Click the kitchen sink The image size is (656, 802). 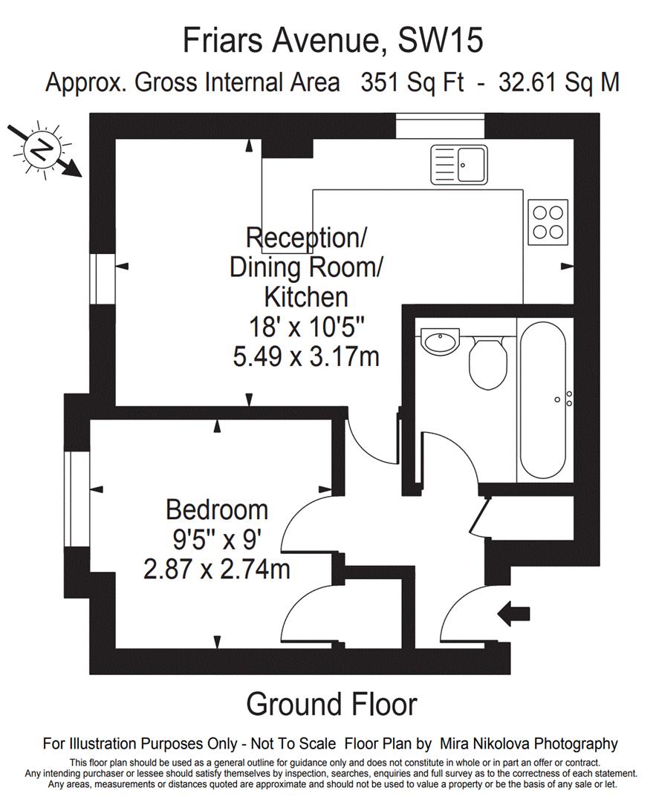459,164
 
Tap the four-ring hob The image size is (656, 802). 548,222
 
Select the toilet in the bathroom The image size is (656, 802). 488,362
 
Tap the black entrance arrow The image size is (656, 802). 513,613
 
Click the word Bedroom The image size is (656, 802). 217,510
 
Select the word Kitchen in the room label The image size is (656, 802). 306,297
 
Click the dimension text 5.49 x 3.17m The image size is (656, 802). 306,356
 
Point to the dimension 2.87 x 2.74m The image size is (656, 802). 217,569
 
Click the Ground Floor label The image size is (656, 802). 331,704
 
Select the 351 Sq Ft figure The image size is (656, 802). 412,82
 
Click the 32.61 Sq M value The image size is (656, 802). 559,82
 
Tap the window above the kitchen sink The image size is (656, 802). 440,125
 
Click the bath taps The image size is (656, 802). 565,399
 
